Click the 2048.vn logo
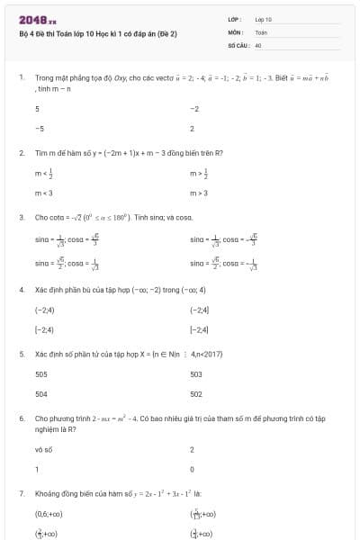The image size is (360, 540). (x=37, y=19)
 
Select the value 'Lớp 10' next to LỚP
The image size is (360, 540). (x=263, y=19)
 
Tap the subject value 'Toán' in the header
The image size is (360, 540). (x=261, y=31)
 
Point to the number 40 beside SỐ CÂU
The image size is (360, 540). (x=258, y=44)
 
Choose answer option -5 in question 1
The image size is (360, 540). (x=39, y=129)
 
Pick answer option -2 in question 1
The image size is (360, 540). (x=194, y=109)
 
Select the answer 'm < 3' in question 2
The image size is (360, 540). (x=43, y=193)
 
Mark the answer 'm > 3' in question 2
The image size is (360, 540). (x=199, y=193)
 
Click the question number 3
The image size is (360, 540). (x=21, y=217)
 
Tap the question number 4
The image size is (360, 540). (x=21, y=290)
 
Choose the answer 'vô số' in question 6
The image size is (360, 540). (x=43, y=449)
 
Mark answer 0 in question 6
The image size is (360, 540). (x=193, y=469)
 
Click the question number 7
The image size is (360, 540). (x=21, y=494)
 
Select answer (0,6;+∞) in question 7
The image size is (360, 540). (x=49, y=515)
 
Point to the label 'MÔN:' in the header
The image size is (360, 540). (x=237, y=31)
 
